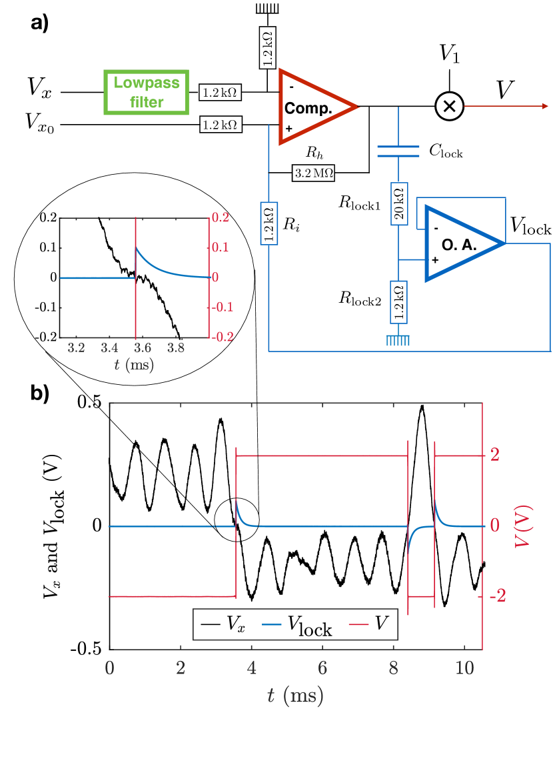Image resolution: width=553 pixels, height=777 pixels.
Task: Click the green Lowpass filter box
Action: point(147,92)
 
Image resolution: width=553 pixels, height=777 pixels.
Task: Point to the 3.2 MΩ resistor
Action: point(312,175)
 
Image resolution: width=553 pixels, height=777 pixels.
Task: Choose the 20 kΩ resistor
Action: point(398,206)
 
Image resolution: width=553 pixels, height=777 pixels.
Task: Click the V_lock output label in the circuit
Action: point(530,229)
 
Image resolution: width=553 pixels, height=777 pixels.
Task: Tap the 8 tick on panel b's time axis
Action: point(393,668)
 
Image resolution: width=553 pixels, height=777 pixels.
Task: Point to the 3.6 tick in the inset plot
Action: point(135,349)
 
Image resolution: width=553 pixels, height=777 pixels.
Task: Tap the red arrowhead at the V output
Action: point(544,106)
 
